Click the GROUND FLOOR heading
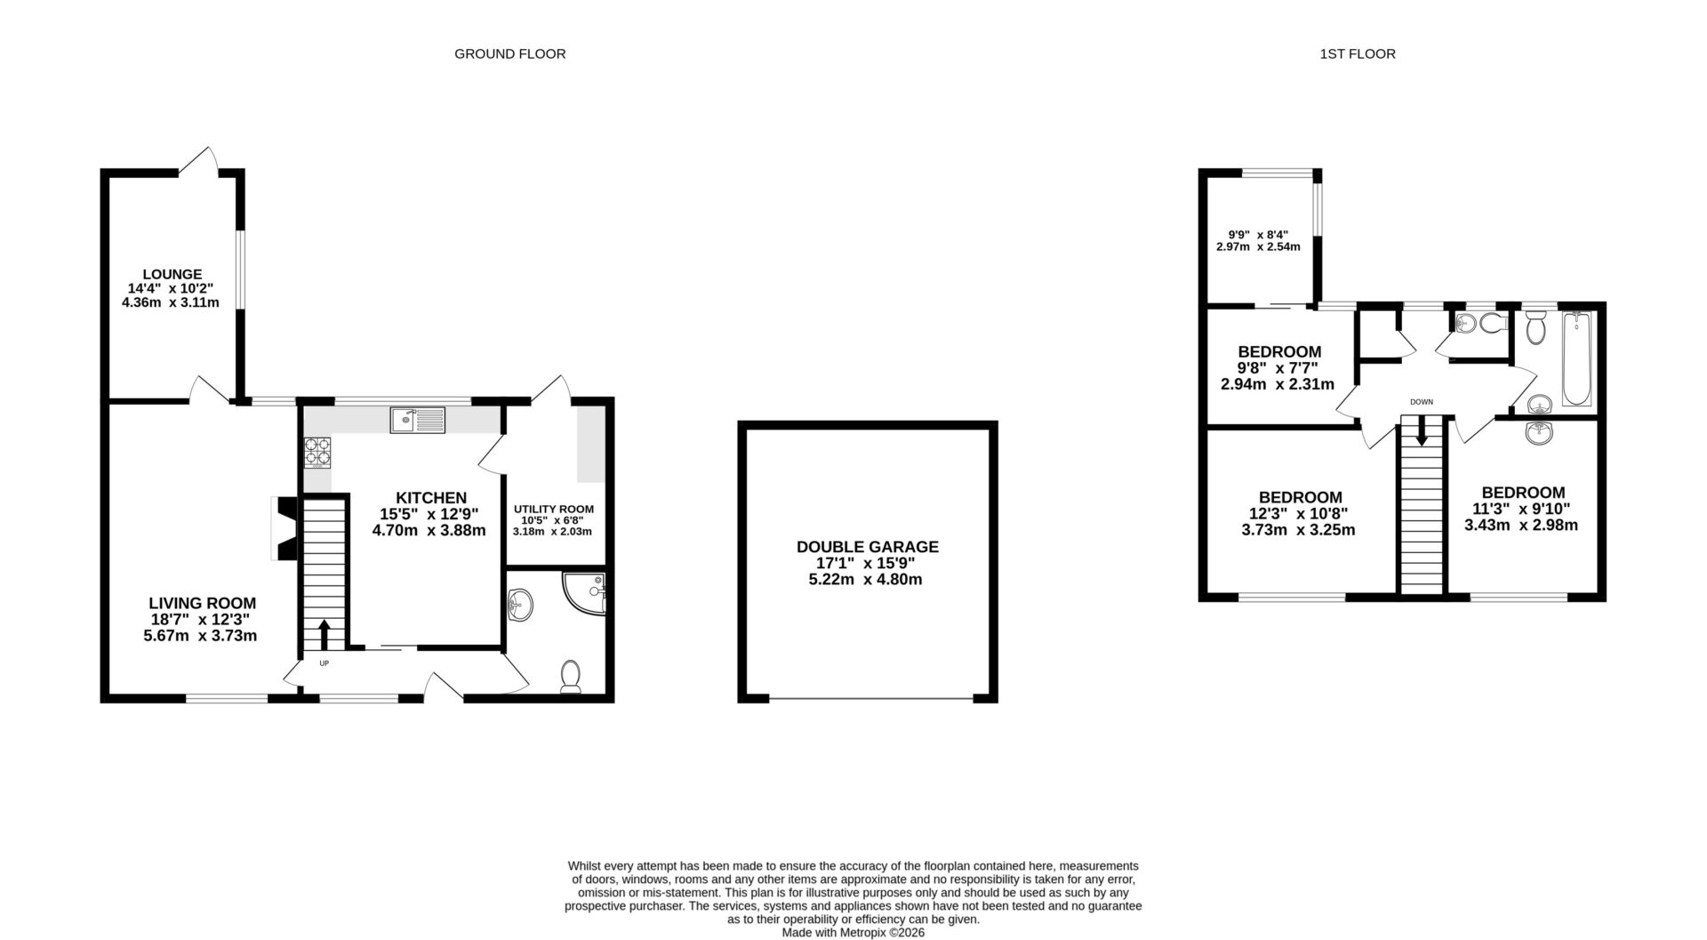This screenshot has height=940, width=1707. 509,53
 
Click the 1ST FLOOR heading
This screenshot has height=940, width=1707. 1357,53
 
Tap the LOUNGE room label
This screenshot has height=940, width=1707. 172,274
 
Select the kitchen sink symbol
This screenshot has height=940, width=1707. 417,420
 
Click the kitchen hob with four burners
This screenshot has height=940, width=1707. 317,453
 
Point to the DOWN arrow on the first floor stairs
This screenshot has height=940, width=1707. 1421,433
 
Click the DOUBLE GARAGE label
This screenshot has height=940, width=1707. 867,547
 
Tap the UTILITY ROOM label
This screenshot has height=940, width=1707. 553,510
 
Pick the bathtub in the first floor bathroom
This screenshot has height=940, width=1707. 1577,358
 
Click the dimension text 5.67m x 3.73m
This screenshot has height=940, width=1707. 200,636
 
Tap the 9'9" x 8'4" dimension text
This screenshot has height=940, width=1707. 1257,235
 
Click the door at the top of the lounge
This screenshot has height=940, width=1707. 198,162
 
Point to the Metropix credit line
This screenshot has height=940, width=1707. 853,933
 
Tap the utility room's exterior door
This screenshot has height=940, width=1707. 552,389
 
